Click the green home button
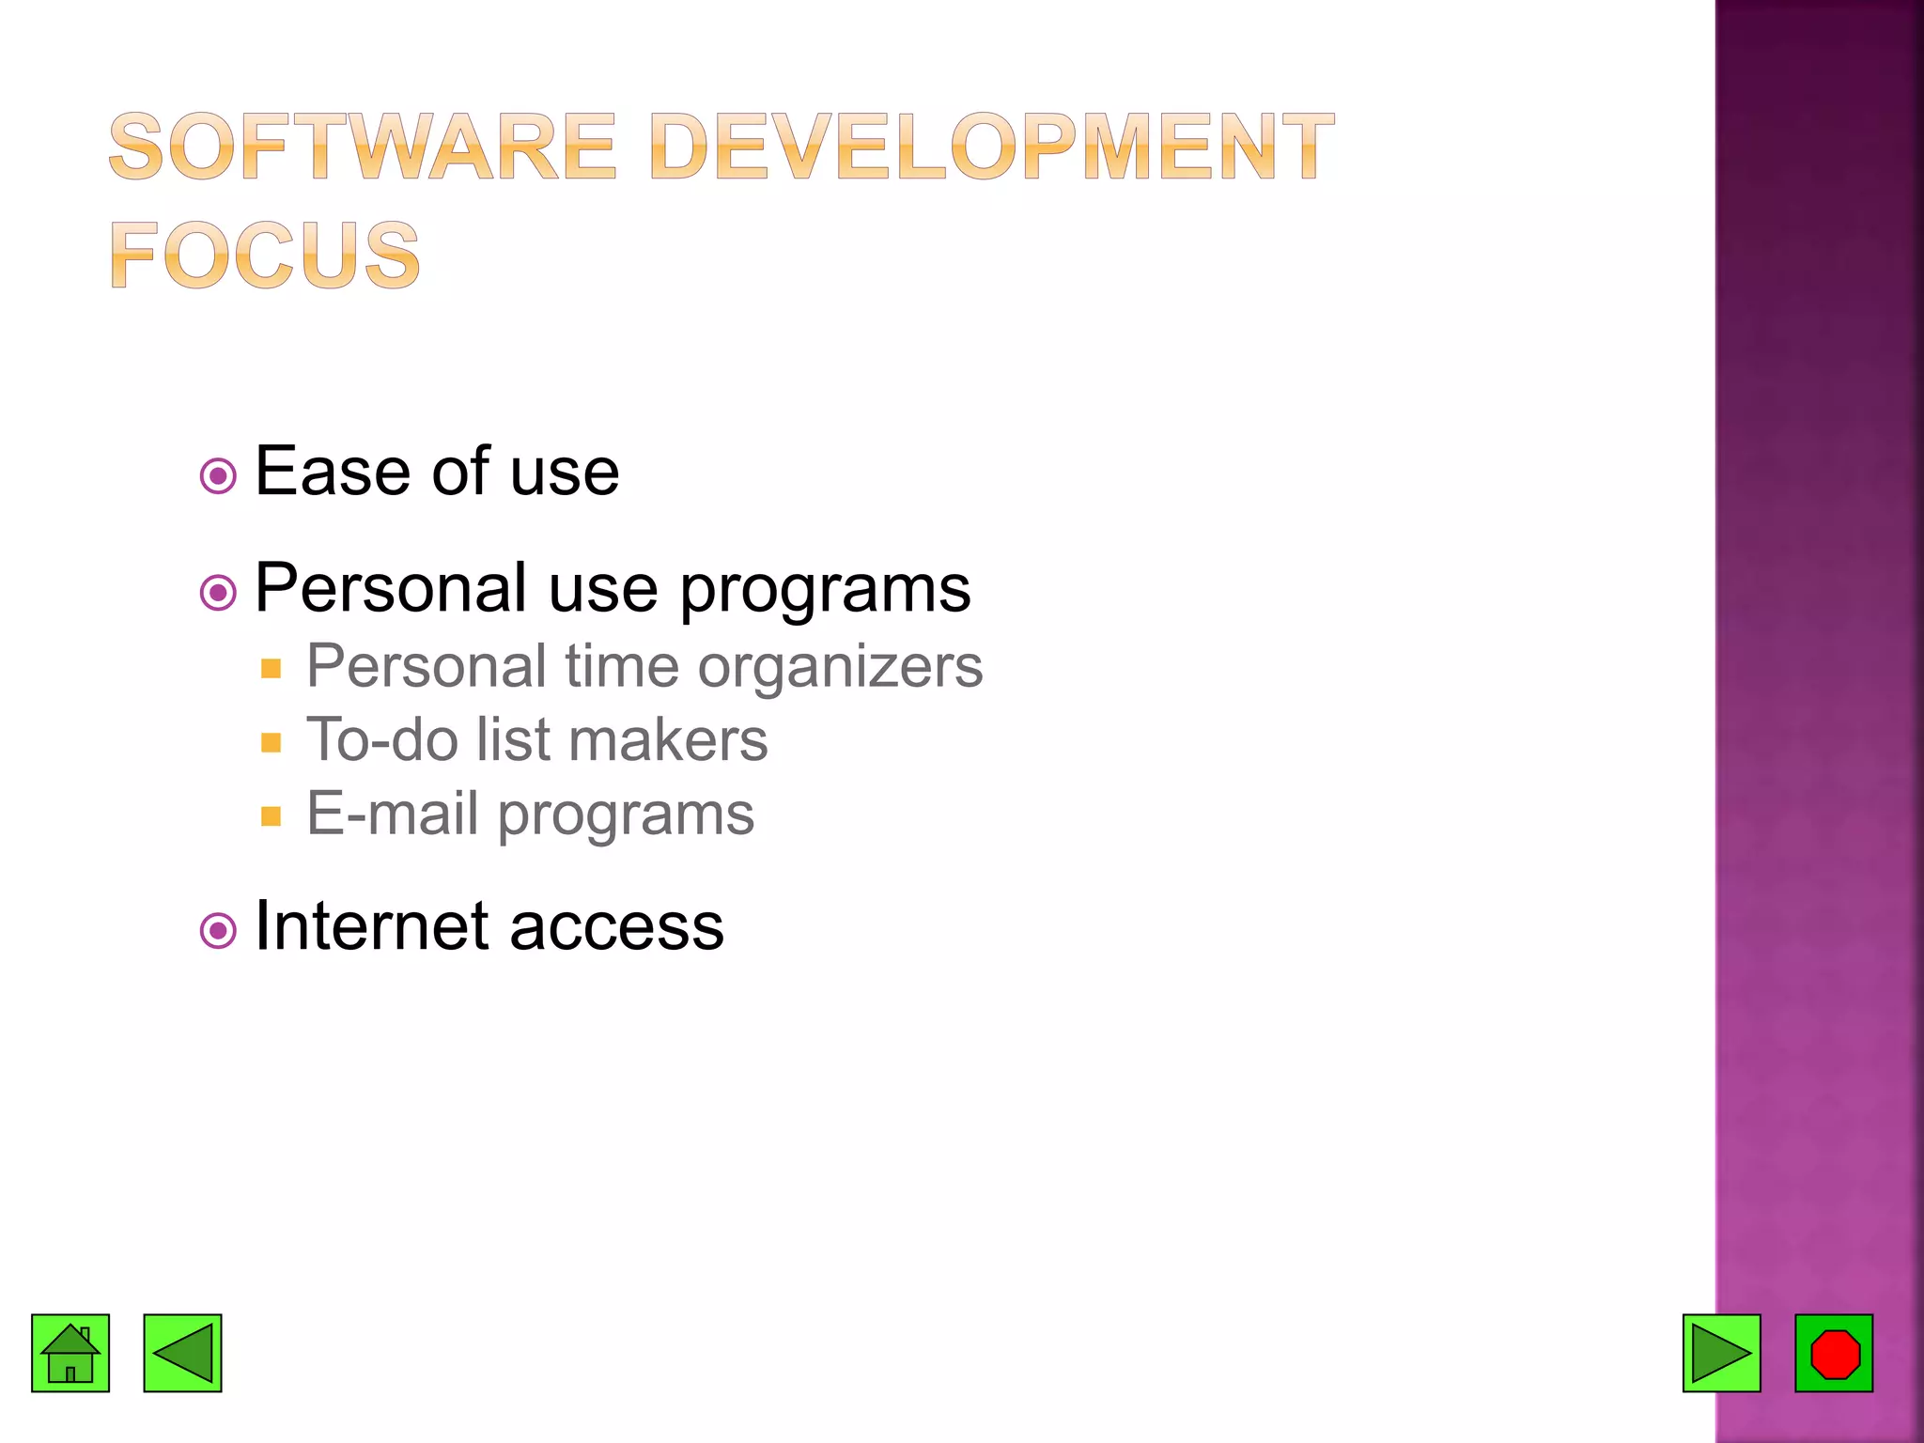point(70,1353)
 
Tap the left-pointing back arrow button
point(182,1353)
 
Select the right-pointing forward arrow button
point(1721,1353)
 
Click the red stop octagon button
point(1834,1353)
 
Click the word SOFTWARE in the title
point(363,147)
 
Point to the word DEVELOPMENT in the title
point(990,147)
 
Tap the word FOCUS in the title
point(265,256)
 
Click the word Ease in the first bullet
point(333,472)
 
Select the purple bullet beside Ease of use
point(218,476)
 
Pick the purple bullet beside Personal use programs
point(218,593)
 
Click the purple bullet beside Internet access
point(218,931)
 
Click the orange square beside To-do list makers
point(272,742)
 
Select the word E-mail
point(394,814)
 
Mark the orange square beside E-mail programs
point(272,815)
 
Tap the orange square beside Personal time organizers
point(272,669)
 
